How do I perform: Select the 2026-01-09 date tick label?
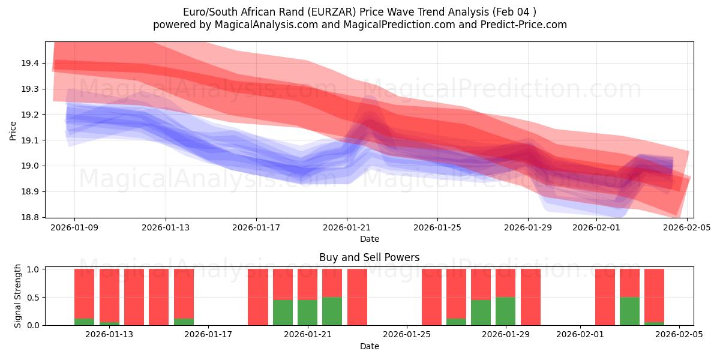75,227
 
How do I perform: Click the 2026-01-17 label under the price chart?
256,227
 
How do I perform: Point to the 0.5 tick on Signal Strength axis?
34,297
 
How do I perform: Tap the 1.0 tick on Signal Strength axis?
34,269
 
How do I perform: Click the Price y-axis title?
13,130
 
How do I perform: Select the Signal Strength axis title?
18,296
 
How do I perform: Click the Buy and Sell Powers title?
369,257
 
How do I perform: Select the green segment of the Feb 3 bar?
629,311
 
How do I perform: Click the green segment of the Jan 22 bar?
332,311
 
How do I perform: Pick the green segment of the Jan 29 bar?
505,311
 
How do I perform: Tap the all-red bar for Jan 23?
357,297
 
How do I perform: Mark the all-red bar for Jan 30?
530,297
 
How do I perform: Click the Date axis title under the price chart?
369,239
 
